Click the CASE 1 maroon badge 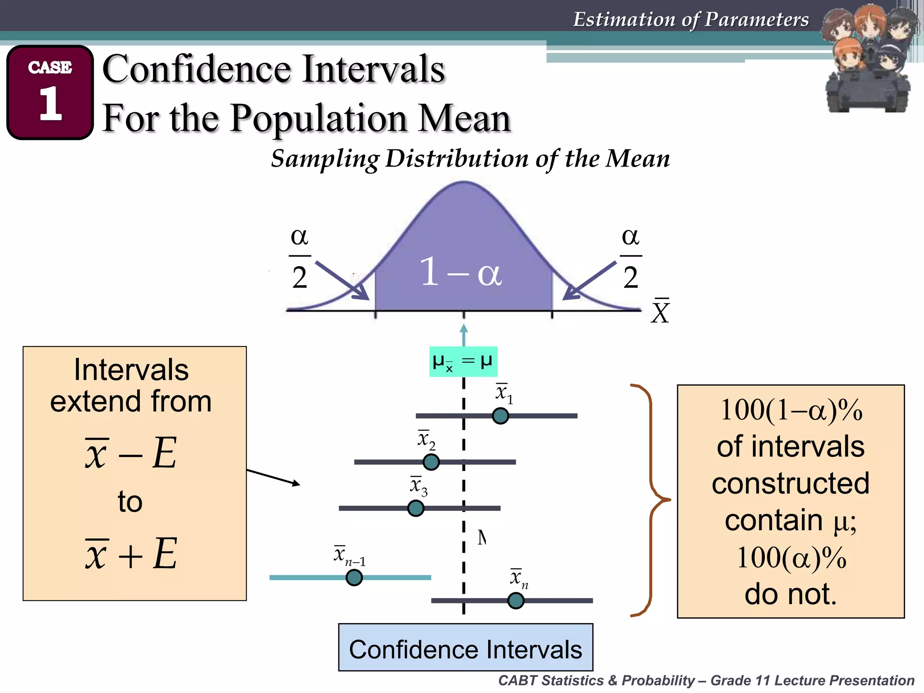50,92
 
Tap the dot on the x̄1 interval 500,416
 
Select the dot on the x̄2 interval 431,462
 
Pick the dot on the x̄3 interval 416,508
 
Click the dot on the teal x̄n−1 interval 354,577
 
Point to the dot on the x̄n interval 516,601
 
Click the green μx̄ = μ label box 463,361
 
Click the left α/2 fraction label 300,257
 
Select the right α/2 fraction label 631,257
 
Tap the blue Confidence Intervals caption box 466,647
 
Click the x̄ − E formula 131,453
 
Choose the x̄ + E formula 131,554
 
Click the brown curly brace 650,500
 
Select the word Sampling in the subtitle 325,159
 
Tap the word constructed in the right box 790,483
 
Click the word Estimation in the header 623,19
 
